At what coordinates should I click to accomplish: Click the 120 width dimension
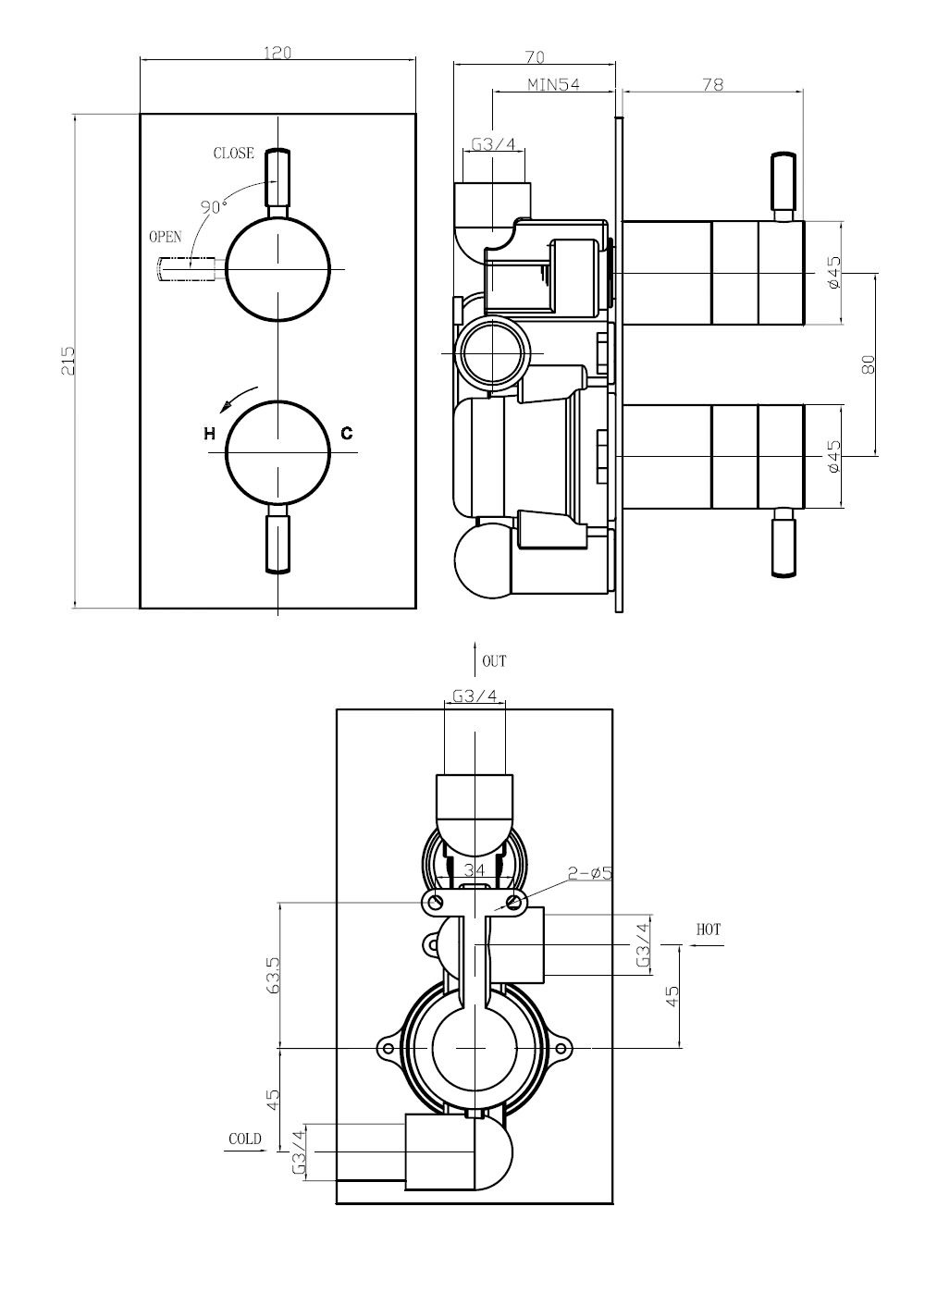(277, 53)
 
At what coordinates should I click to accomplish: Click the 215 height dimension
(68, 361)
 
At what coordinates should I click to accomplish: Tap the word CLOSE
(233, 153)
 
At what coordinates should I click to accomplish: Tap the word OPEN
(166, 237)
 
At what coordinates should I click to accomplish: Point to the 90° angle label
(214, 206)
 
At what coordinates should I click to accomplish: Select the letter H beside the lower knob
(210, 433)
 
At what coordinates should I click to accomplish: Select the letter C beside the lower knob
(347, 433)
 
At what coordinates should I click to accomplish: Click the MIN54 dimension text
(553, 85)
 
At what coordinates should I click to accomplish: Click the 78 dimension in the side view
(712, 84)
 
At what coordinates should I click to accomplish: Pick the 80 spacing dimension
(868, 364)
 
